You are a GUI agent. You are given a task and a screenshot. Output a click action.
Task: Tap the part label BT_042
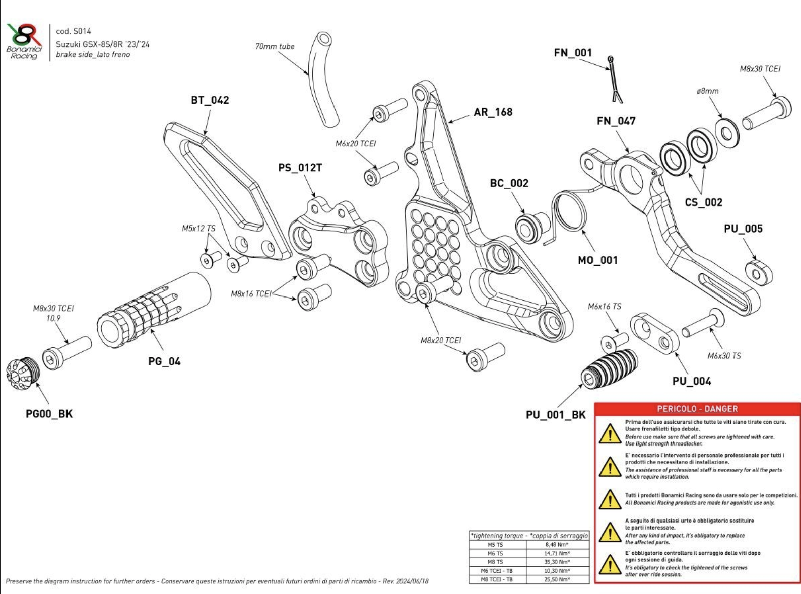pyautogui.click(x=210, y=100)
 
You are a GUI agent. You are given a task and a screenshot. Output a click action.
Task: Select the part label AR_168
pyautogui.click(x=493, y=112)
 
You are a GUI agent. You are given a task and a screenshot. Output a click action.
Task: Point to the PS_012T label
pyautogui.click(x=300, y=168)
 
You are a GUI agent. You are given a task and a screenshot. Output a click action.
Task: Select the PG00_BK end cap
pyautogui.click(x=22, y=373)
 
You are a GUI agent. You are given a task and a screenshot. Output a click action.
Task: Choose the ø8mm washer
pyautogui.click(x=726, y=133)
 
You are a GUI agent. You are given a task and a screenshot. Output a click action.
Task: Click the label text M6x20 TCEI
pyautogui.click(x=356, y=144)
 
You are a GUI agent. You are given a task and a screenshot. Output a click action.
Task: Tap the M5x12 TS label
pyautogui.click(x=198, y=229)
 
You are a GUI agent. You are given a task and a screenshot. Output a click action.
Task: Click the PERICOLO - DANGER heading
pyautogui.click(x=697, y=409)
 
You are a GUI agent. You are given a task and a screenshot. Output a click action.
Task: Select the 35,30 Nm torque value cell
pyautogui.click(x=557, y=562)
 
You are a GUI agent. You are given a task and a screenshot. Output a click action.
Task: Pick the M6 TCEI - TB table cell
pyautogui.click(x=496, y=571)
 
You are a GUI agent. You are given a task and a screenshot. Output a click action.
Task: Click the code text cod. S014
pyautogui.click(x=74, y=31)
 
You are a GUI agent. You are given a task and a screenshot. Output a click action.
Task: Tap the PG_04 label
pyautogui.click(x=164, y=361)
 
